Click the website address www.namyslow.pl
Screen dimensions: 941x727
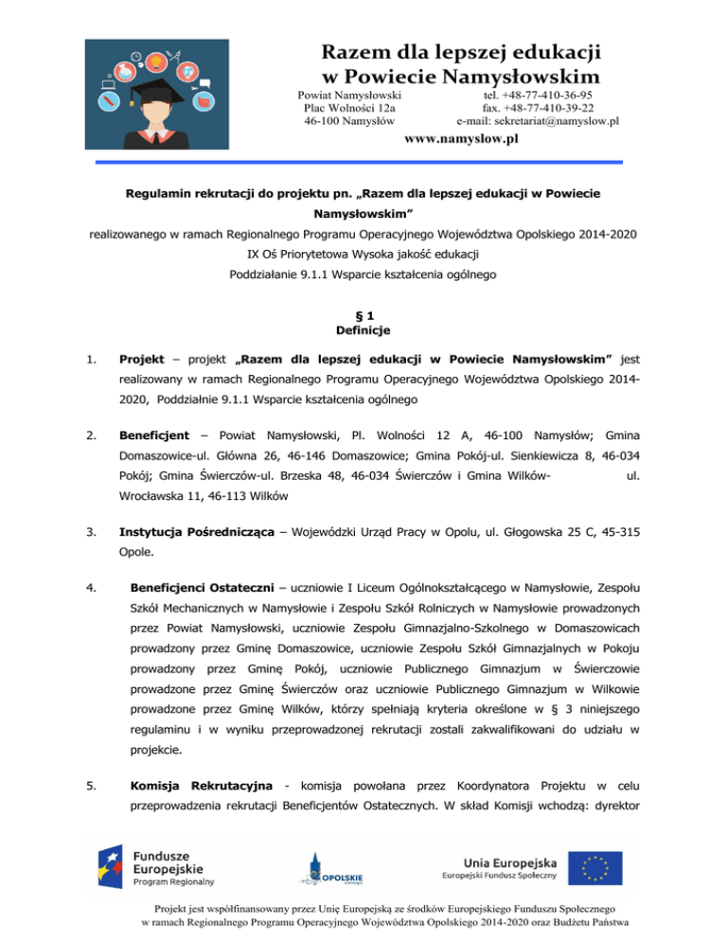(461, 140)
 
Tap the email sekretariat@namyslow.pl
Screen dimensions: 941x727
(538, 121)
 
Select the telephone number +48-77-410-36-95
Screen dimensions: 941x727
(537, 96)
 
